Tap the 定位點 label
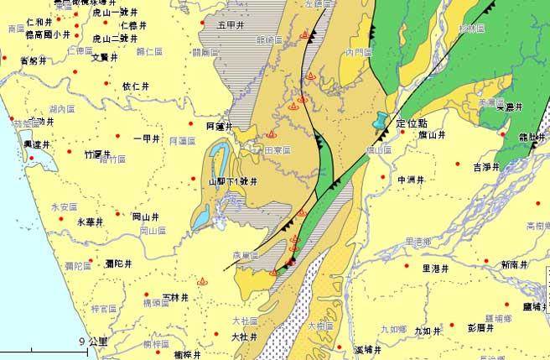(412, 123)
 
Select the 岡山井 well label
(146, 216)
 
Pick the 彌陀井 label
(120, 263)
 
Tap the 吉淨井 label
(486, 166)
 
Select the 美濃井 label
(509, 107)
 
